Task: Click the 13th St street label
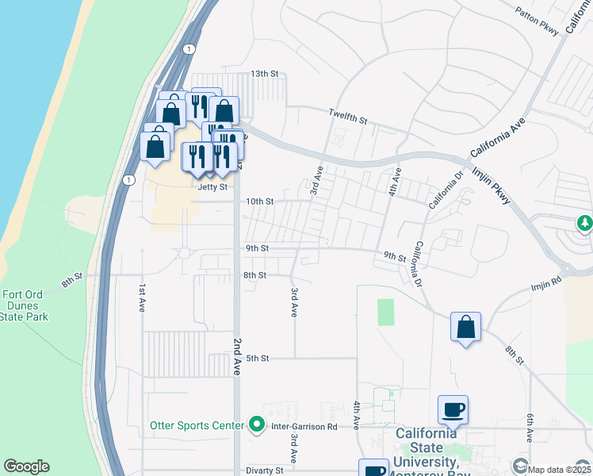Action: pyautogui.click(x=264, y=74)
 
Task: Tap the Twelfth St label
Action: pyautogui.click(x=349, y=117)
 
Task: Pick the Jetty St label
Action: pyautogui.click(x=212, y=187)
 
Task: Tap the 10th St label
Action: pyautogui.click(x=258, y=202)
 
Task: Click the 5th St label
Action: pyautogui.click(x=258, y=359)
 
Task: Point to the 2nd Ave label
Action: pyautogui.click(x=237, y=355)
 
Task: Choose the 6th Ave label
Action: pyautogui.click(x=529, y=428)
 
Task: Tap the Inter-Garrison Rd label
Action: pyautogui.click(x=304, y=427)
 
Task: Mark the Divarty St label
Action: pyautogui.click(x=264, y=470)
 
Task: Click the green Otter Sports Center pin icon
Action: pyautogui.click(x=257, y=426)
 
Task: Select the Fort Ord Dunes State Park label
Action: pyautogui.click(x=25, y=305)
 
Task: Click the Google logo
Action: pyautogui.click(x=26, y=466)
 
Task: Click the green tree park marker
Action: pyautogui.click(x=585, y=224)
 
